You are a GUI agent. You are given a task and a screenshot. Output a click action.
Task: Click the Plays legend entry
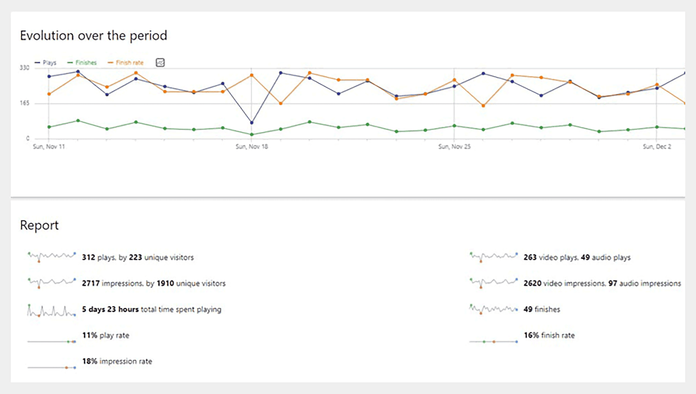click(46, 62)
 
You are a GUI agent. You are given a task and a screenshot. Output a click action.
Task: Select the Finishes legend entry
click(82, 62)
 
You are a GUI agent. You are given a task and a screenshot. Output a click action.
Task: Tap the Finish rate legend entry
click(126, 62)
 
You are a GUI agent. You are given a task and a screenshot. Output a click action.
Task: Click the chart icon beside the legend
click(160, 62)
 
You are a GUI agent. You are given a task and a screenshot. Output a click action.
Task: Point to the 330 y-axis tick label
click(24, 68)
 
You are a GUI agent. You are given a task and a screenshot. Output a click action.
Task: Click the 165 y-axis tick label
click(24, 103)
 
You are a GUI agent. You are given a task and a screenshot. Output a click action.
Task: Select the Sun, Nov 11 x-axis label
click(49, 147)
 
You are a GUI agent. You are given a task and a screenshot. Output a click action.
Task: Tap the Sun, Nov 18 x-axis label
click(252, 147)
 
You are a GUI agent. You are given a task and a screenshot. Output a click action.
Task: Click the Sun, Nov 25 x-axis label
click(454, 147)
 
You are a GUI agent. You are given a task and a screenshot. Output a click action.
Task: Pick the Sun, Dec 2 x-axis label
click(657, 147)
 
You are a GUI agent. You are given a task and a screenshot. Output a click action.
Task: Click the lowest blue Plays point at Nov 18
click(252, 123)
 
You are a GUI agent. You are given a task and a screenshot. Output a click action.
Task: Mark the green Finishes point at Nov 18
click(252, 135)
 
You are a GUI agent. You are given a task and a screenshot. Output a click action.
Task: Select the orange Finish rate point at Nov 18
click(252, 75)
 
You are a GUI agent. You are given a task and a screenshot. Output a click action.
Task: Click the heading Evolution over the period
click(94, 36)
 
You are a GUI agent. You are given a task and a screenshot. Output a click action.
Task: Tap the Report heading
click(39, 225)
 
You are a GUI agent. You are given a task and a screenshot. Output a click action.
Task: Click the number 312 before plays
click(89, 257)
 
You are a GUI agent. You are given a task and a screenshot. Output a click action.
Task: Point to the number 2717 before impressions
click(91, 283)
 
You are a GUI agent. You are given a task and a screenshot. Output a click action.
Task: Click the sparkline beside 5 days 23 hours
click(52, 311)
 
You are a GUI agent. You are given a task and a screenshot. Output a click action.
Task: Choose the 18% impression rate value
click(90, 361)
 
